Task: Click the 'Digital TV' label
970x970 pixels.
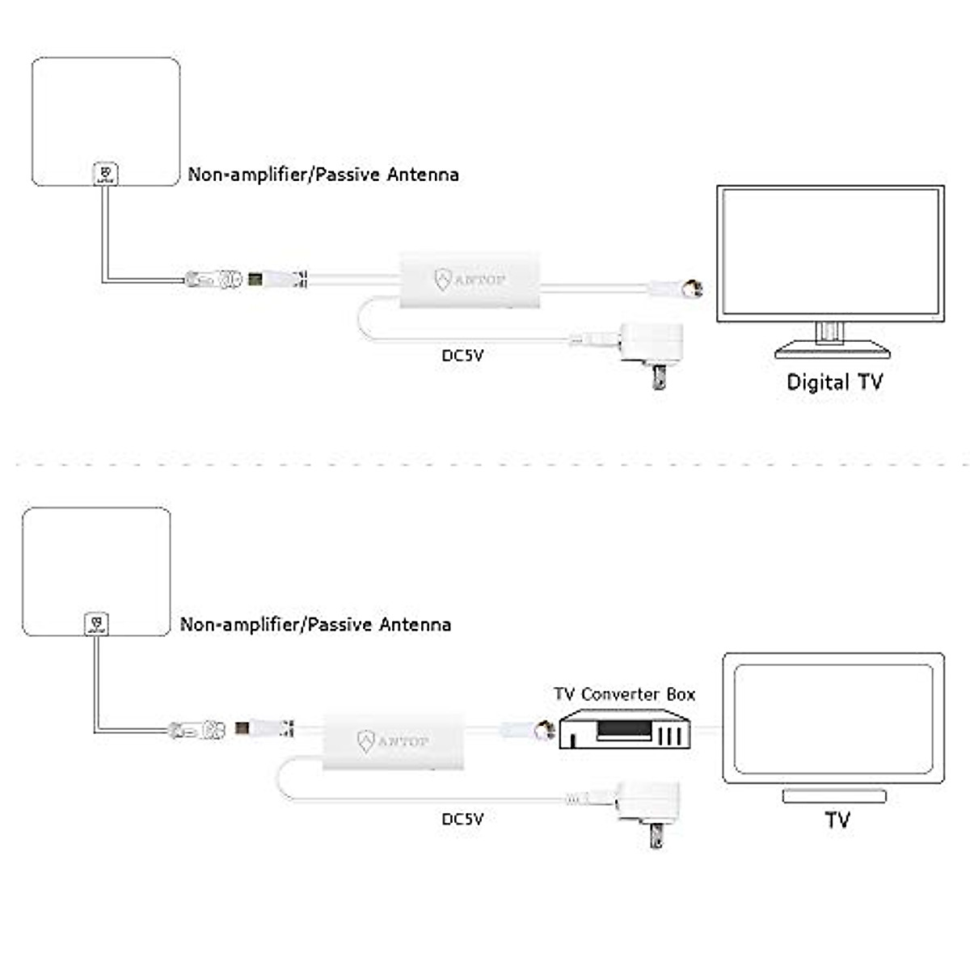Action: (834, 382)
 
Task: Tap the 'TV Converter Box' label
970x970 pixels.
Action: (624, 694)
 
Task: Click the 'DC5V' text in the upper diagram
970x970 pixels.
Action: (462, 356)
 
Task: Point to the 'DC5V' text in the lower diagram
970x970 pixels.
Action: (462, 819)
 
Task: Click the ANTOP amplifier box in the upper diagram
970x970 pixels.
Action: (470, 280)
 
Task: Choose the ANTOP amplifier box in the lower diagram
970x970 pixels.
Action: (393, 741)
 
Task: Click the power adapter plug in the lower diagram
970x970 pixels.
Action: (648, 815)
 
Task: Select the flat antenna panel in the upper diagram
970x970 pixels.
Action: (106, 121)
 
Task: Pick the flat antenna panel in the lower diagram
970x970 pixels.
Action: (97, 571)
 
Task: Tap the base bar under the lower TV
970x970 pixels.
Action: (834, 796)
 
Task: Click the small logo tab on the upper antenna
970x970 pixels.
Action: (106, 174)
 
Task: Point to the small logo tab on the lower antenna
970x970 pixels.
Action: (96, 624)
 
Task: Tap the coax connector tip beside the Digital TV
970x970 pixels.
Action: (695, 288)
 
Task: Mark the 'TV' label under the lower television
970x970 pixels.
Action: (837, 820)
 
